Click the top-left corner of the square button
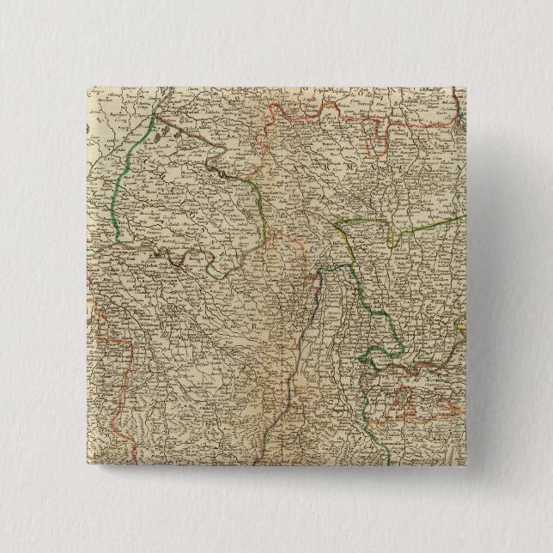click(x=87, y=87)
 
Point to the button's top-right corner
click(x=465, y=87)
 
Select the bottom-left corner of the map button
click(x=87, y=465)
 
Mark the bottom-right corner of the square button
click(x=465, y=465)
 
